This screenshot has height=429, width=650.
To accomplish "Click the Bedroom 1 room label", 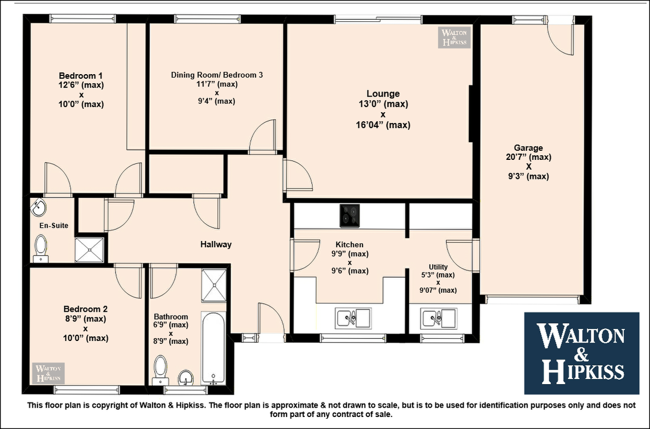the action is [x=81, y=76].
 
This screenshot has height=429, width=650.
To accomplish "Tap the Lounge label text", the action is [x=383, y=94].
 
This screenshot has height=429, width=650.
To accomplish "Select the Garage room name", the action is [x=529, y=148].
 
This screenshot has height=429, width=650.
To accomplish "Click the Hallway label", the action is [x=216, y=244].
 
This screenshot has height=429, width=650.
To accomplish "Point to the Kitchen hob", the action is [x=350, y=216].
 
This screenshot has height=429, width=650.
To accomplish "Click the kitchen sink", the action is [x=353, y=319].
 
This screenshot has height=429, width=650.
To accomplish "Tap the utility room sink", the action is [x=438, y=319].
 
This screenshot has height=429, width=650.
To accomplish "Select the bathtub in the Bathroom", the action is [x=213, y=348].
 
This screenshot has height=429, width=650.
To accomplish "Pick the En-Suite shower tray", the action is [x=89, y=250].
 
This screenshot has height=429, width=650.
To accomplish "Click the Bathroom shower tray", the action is [x=214, y=285].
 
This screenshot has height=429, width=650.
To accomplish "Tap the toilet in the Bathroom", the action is [x=160, y=370].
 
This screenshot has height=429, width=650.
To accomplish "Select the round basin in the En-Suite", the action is [x=39, y=207].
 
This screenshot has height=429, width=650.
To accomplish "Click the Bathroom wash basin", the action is [x=186, y=378].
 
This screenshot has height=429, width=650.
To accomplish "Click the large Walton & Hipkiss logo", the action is [x=582, y=353].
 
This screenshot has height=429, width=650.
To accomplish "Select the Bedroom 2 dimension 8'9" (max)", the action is [x=85, y=319].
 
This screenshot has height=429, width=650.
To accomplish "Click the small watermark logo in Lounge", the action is [x=454, y=37].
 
